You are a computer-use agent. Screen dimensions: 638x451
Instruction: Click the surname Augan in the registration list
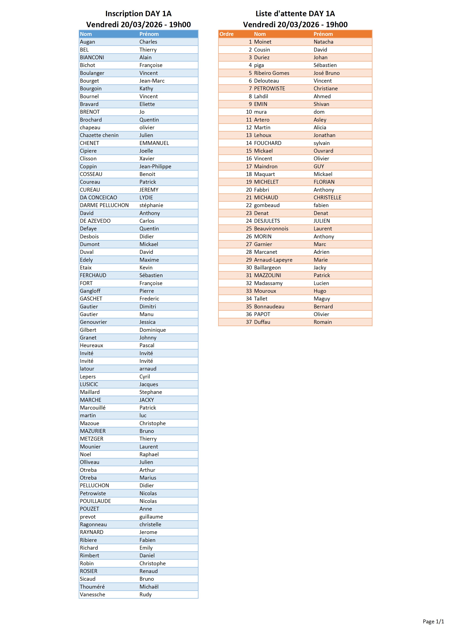pyautogui.click(x=87, y=42)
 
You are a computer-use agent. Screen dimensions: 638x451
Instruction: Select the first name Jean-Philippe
pyautogui.click(x=155, y=166)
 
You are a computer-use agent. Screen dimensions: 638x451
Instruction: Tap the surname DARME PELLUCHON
pyautogui.click(x=104, y=205)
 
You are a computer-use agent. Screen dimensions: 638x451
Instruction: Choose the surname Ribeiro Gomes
pyautogui.click(x=271, y=73)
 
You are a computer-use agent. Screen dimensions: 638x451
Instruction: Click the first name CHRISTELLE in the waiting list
pyautogui.click(x=327, y=198)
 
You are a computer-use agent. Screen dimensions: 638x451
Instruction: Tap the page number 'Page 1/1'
pyautogui.click(x=433, y=622)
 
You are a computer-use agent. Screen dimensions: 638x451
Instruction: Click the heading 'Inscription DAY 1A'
pyautogui.click(x=138, y=14)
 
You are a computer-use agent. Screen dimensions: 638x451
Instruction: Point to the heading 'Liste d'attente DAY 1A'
pyautogui.click(x=295, y=14)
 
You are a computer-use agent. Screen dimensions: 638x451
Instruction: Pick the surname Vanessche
pyautogui.click(x=92, y=594)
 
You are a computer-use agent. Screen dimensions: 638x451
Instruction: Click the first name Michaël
pyautogui.click(x=149, y=587)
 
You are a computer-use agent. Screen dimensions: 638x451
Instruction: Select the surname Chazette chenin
pyautogui.click(x=99, y=135)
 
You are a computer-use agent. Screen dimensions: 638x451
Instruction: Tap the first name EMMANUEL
pyautogui.click(x=154, y=143)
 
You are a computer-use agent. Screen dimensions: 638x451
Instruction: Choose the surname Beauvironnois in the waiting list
pyautogui.click(x=271, y=229)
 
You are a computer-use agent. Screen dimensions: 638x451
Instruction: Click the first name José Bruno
pyautogui.click(x=326, y=73)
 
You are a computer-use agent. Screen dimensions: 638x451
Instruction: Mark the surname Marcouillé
pyautogui.click(x=93, y=408)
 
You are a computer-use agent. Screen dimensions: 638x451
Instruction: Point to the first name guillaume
pyautogui.click(x=151, y=517)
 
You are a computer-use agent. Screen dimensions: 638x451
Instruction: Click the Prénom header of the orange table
pyautogui.click(x=323, y=34)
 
